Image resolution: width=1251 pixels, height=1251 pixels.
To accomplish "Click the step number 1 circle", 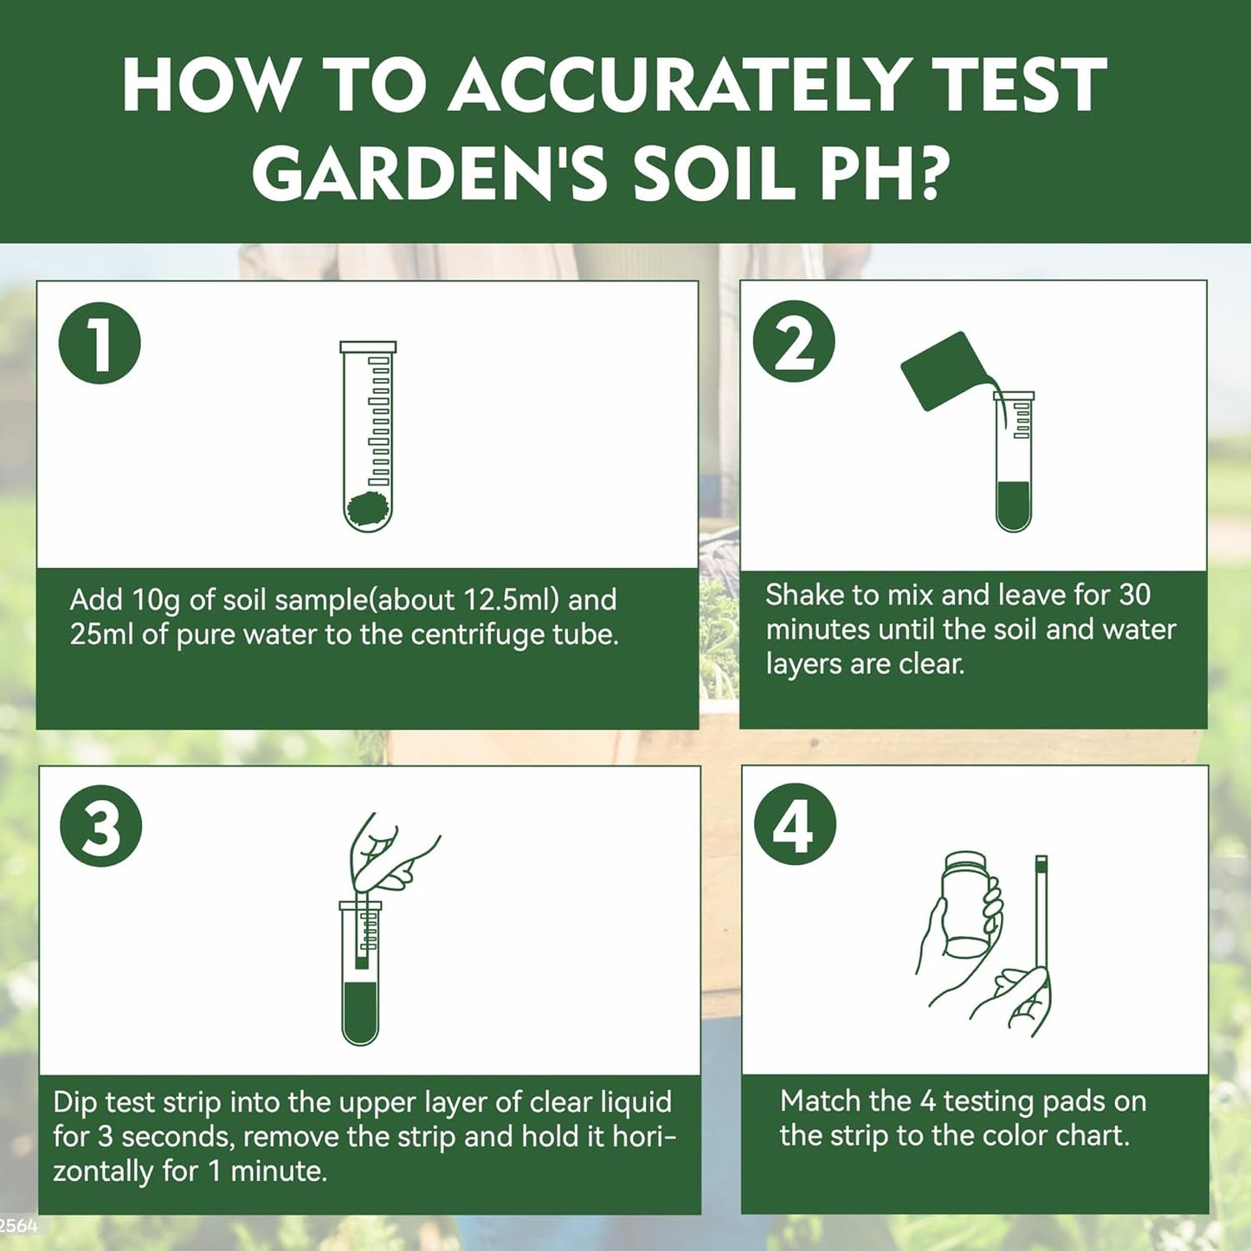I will (x=100, y=343).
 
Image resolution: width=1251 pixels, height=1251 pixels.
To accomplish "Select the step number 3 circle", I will (x=100, y=826).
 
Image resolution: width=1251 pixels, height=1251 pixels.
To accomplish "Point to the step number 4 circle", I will (x=794, y=824).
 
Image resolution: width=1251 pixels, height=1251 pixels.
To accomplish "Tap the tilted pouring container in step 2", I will (x=945, y=371).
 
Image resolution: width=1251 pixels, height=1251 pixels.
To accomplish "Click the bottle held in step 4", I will (x=965, y=904).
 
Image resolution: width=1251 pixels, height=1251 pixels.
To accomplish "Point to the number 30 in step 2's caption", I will (x=1134, y=595).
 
